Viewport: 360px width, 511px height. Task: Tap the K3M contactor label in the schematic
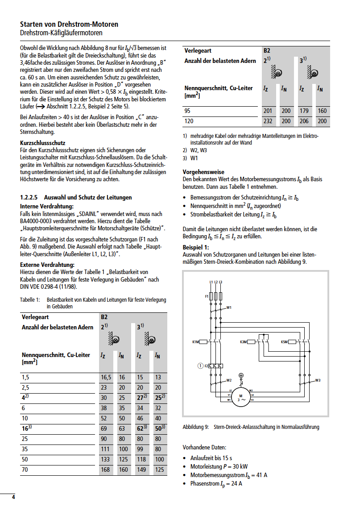(x=243, y=342)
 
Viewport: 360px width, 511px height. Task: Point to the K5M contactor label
(x=284, y=342)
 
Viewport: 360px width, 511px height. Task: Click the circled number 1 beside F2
(x=200, y=366)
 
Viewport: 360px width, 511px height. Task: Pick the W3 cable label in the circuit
(x=318, y=380)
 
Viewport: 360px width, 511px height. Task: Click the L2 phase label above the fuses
(x=215, y=283)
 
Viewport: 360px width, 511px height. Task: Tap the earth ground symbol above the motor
(x=241, y=376)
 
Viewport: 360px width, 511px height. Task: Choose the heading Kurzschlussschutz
(x=43, y=143)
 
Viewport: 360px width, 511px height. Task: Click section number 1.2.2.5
(x=31, y=197)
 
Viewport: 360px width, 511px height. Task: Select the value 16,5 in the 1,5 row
(x=106, y=378)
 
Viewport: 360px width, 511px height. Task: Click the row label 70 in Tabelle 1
(x=25, y=469)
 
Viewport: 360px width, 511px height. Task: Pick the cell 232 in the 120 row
(x=268, y=121)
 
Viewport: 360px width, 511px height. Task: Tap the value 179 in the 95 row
(x=304, y=111)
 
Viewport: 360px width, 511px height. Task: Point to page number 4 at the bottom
(x=13, y=497)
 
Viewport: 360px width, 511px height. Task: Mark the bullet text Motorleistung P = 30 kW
(x=219, y=466)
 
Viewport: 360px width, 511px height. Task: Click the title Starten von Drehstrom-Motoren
(x=69, y=25)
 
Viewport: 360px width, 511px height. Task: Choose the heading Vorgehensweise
(x=203, y=172)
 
